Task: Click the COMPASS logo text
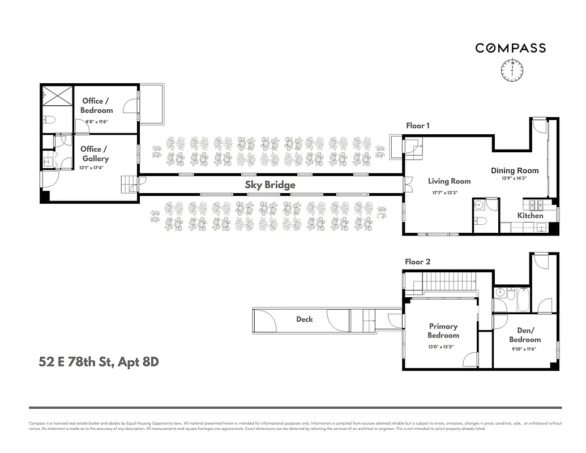point(510,48)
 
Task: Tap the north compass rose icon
point(512,70)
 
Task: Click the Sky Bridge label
point(270,185)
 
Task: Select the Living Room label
point(449,181)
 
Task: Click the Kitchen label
point(530,215)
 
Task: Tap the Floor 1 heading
point(417,126)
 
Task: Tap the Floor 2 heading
point(417,262)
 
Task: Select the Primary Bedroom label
point(443,331)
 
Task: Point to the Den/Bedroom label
point(524,335)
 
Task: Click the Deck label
point(305,319)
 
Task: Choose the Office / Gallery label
point(95,154)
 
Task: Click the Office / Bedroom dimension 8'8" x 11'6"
point(96,121)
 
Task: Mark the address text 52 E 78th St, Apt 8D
point(99,362)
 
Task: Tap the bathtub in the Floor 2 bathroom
point(523,300)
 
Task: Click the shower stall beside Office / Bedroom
point(57,95)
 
